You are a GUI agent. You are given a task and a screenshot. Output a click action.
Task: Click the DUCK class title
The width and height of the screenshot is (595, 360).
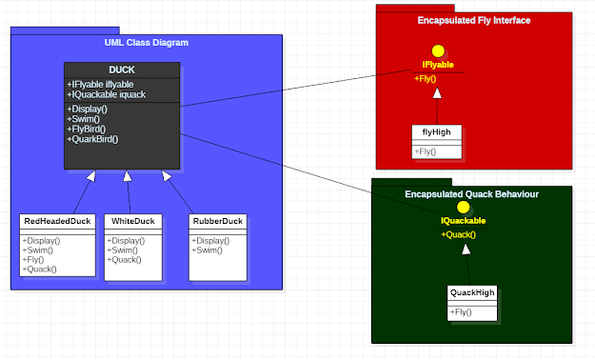point(122,70)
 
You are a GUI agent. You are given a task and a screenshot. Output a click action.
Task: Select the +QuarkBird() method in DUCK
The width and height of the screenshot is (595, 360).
point(92,139)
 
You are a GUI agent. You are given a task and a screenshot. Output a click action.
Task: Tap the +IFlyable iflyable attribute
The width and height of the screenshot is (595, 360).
point(100,85)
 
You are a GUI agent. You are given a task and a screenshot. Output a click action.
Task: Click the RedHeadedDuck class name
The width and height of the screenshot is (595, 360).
point(57,222)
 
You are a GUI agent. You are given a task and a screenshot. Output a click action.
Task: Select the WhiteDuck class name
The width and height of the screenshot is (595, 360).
point(130,222)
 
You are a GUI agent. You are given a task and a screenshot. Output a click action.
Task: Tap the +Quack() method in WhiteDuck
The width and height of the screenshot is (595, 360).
point(125,259)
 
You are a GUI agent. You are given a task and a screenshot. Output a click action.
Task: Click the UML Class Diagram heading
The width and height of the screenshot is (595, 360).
point(147,43)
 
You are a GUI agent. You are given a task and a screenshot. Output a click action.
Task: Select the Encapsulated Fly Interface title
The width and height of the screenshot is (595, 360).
point(473,20)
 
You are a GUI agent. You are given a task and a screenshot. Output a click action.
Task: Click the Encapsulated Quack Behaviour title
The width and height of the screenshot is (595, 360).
point(471,194)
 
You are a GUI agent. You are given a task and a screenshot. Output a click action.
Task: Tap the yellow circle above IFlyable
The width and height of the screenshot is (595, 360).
point(438,51)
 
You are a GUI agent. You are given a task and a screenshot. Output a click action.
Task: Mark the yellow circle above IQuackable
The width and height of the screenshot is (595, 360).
point(464,207)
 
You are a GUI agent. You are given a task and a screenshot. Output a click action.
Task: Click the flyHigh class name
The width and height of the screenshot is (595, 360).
point(437,132)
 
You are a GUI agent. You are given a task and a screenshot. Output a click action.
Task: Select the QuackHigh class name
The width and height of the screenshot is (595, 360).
point(472,292)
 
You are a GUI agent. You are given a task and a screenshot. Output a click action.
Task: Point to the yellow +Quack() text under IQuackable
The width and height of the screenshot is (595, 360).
point(458,234)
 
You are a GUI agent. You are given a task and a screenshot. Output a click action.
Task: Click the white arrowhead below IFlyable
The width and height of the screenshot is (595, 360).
point(437,92)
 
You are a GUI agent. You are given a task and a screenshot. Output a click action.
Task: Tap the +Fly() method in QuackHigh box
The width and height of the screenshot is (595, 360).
point(463,311)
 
